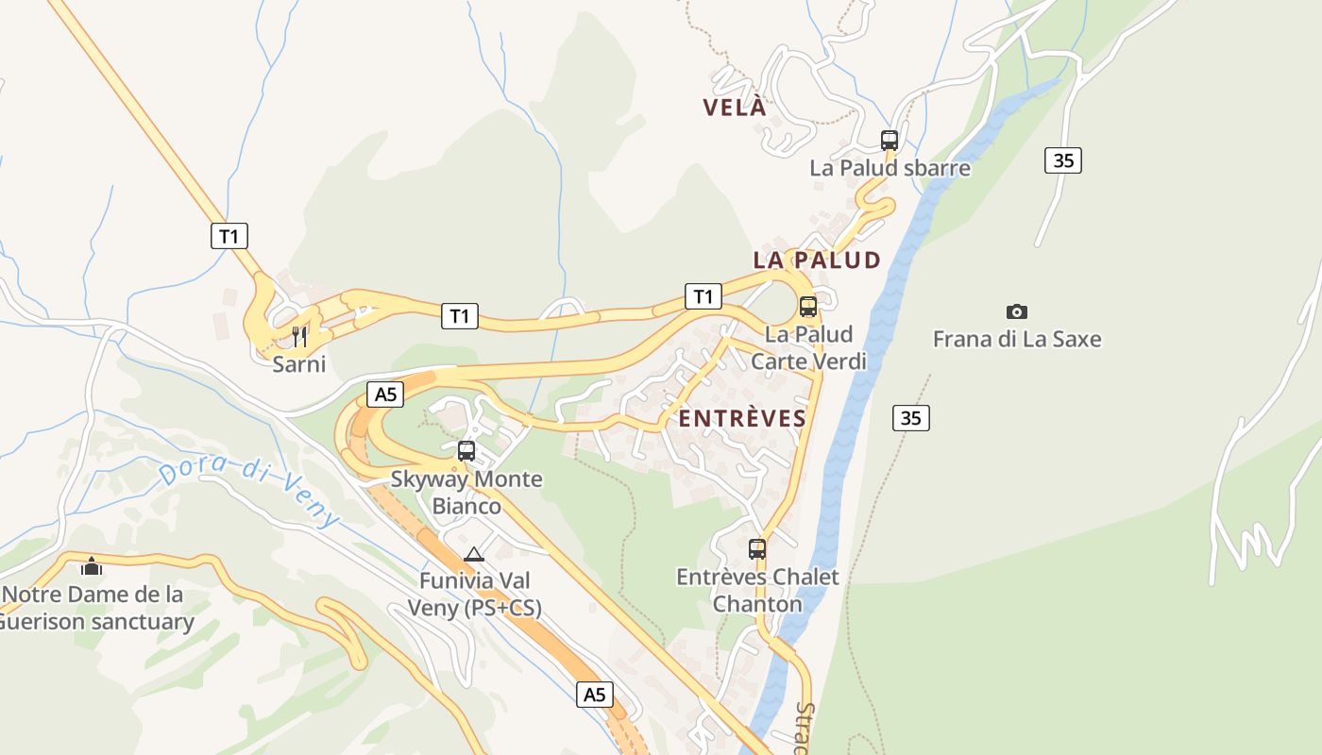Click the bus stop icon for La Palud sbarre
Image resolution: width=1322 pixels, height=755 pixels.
point(889,141)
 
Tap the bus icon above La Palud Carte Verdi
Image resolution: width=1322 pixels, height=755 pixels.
point(808,306)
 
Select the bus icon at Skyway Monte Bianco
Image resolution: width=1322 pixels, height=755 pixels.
point(466,451)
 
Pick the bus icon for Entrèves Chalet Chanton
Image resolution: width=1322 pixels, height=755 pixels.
point(757,548)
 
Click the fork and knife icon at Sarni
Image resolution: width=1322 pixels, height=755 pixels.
point(299,336)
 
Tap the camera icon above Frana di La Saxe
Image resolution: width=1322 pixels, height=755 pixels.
point(1017,311)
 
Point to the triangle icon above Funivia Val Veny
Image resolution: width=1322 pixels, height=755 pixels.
point(474,554)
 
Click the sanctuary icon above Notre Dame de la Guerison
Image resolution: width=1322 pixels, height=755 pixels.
point(92,566)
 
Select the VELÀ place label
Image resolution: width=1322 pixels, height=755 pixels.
point(735,108)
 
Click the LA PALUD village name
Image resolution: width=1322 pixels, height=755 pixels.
point(817,260)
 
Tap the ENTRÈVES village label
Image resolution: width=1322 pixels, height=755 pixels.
point(742,418)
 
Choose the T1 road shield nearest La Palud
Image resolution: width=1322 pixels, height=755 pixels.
point(703,297)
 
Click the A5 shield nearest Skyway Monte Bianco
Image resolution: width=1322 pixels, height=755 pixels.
point(385,394)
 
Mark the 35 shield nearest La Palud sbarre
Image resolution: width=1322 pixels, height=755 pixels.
point(1063,160)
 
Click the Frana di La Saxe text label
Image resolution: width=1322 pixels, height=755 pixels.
point(1017,339)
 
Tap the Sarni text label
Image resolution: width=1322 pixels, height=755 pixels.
point(299,363)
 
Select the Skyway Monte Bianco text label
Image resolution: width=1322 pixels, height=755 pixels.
point(466,492)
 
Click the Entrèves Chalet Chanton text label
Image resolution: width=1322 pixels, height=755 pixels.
point(757,590)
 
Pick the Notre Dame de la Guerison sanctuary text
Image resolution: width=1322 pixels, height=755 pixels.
point(94,609)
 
